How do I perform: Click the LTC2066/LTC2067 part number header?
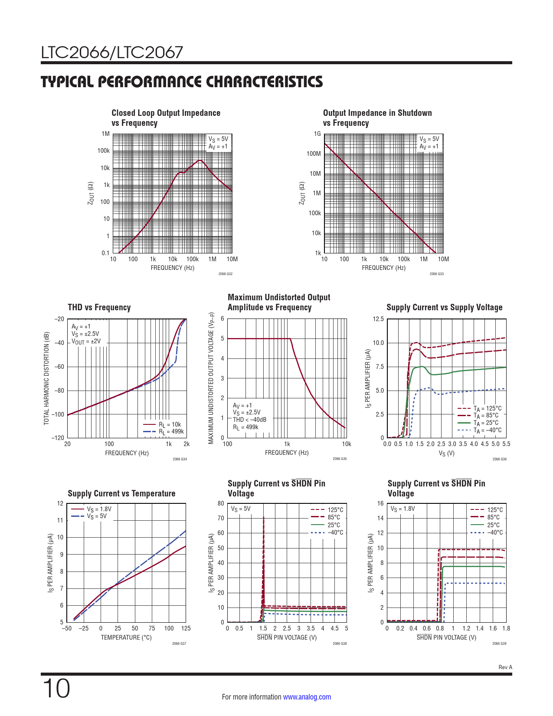point(112,53)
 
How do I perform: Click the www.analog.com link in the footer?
point(307,697)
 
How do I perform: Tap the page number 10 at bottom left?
point(56,689)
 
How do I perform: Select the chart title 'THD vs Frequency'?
point(99,307)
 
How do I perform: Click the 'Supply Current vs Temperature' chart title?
point(121,493)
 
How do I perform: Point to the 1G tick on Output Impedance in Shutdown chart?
point(317,134)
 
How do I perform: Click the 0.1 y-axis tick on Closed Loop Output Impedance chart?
point(105,253)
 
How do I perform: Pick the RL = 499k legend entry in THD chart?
point(171,431)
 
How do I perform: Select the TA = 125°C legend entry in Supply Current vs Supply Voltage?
point(487,408)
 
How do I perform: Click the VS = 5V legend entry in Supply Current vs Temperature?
point(96,516)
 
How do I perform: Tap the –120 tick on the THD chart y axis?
point(59,438)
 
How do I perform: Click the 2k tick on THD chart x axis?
point(187,444)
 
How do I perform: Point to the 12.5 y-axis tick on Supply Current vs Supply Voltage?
point(378,319)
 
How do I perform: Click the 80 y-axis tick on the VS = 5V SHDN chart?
point(221,503)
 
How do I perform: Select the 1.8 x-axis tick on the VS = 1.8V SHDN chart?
point(506,628)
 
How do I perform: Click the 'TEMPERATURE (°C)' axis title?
point(126,637)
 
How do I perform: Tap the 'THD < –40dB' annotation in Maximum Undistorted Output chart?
point(249,420)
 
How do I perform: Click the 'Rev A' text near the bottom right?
point(505,667)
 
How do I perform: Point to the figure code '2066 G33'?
point(436,274)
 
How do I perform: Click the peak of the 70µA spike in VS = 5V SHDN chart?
point(263,518)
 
